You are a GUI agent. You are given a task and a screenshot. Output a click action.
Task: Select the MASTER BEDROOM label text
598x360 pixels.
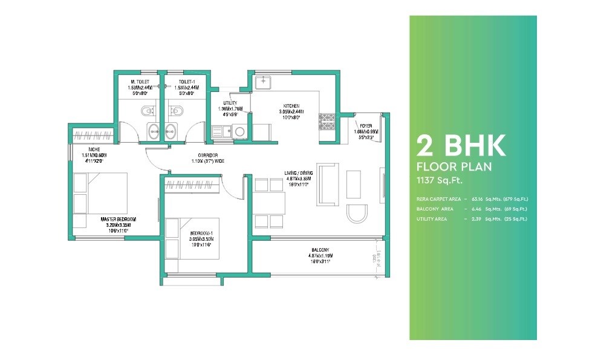(x=119, y=219)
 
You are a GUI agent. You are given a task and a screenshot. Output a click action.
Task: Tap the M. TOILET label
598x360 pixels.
(x=140, y=82)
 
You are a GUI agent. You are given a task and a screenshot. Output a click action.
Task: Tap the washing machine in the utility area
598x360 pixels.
(x=240, y=131)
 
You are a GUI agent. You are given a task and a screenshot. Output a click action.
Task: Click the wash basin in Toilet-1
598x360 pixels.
(x=171, y=129)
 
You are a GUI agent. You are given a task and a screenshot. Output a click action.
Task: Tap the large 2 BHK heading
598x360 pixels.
(x=461, y=146)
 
